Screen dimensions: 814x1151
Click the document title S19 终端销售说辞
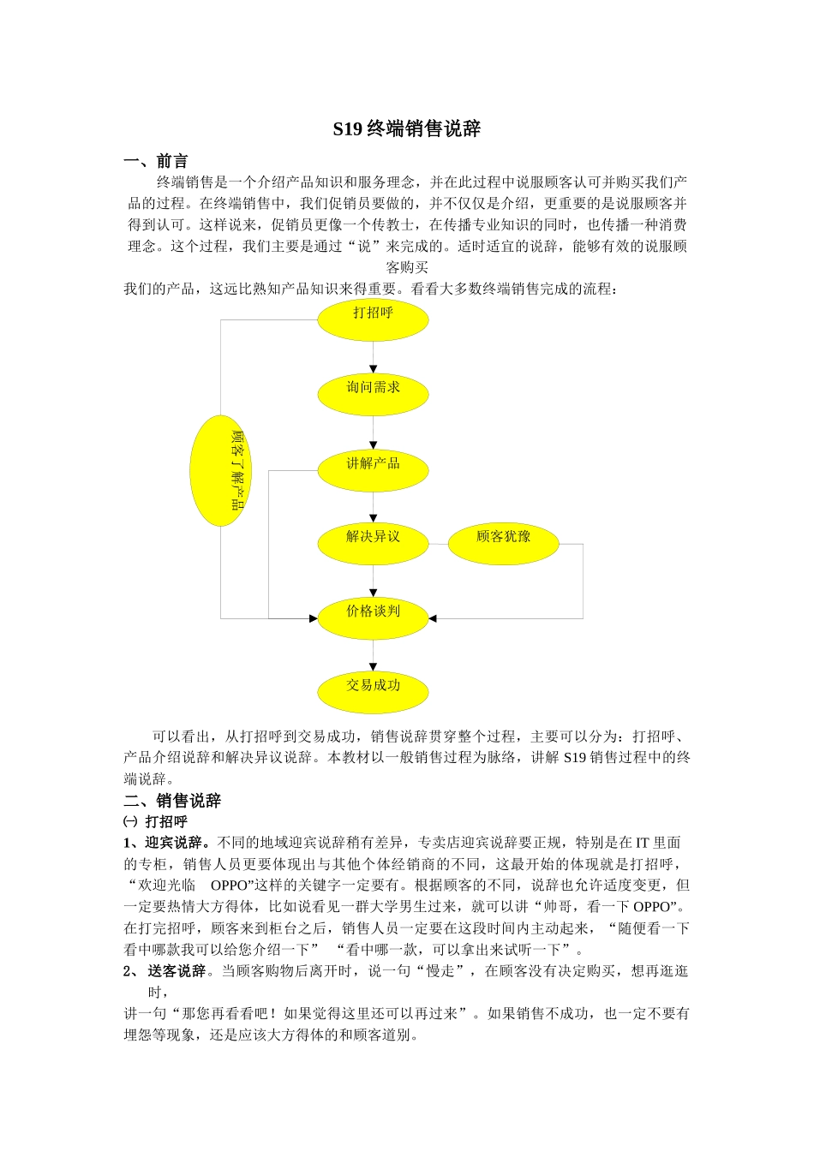click(x=407, y=129)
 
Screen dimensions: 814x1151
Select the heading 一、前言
click(x=156, y=161)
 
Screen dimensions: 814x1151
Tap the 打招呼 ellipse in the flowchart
click(x=373, y=319)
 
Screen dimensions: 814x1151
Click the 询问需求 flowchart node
click(x=373, y=394)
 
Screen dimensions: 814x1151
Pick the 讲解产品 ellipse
click(x=373, y=469)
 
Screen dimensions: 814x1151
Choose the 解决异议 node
click(x=373, y=543)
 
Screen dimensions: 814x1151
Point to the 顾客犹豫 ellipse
click(x=503, y=543)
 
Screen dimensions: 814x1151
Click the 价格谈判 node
click(x=373, y=617)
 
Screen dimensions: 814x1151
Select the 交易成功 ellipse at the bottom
click(x=373, y=692)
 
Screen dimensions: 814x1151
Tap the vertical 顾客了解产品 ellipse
click(x=221, y=470)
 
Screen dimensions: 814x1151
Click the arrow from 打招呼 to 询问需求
click(x=373, y=356)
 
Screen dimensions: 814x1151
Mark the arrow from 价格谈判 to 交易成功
click(x=373, y=655)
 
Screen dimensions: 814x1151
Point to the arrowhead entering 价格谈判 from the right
click(x=433, y=618)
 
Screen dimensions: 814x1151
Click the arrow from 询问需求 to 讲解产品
click(x=373, y=432)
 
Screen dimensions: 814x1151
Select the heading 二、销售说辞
click(x=172, y=801)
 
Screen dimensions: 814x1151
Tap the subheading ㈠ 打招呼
click(x=155, y=822)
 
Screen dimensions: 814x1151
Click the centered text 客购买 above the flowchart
click(x=407, y=267)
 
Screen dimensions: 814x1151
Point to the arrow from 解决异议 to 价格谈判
click(x=373, y=581)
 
